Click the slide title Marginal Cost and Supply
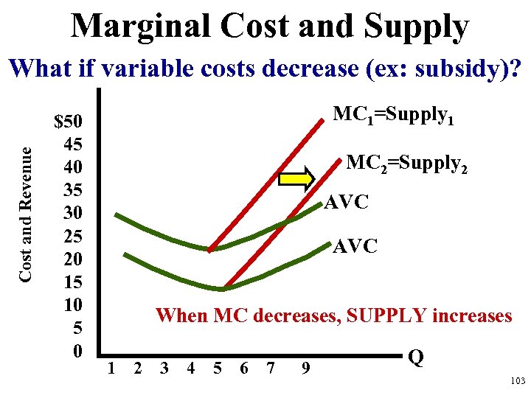(x=270, y=27)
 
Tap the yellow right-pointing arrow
(x=296, y=178)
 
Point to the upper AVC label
(x=347, y=202)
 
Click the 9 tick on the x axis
(x=305, y=367)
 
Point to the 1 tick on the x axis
(x=111, y=367)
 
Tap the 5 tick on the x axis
(x=218, y=367)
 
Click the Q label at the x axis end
(x=415, y=358)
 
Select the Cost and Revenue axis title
(x=25, y=212)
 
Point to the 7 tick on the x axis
(x=271, y=367)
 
